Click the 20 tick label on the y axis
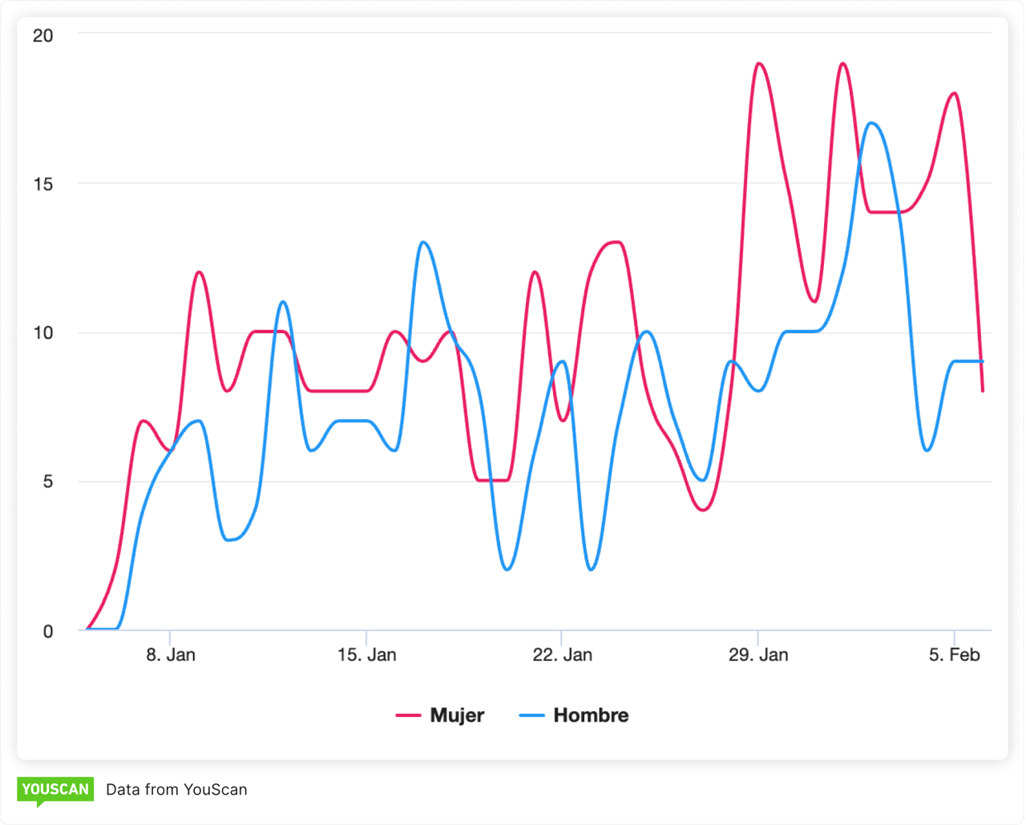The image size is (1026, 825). coord(42,35)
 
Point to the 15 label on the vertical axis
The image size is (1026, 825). coord(42,184)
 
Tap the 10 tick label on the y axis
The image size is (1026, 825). coord(42,332)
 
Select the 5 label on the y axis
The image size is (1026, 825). coord(47,481)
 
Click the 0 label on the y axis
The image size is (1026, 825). coord(47,631)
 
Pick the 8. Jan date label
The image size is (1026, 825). coord(171,654)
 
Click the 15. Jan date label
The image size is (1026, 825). coord(366,654)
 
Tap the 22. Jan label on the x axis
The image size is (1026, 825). coord(562,654)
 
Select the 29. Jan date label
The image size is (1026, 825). coord(757,654)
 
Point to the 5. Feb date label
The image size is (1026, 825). coord(954,654)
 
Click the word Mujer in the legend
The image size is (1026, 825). coord(457,715)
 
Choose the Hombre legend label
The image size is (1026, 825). coord(591,715)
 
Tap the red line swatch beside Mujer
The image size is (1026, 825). coord(409,715)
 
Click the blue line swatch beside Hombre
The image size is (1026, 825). coord(532,715)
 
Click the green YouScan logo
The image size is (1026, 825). coord(55,790)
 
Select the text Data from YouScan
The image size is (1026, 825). coord(176,790)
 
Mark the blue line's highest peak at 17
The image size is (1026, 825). coord(871,123)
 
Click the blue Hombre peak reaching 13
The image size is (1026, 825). coord(422,242)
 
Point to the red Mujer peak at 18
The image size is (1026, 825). coord(954,94)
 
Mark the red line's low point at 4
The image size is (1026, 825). coord(703,510)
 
